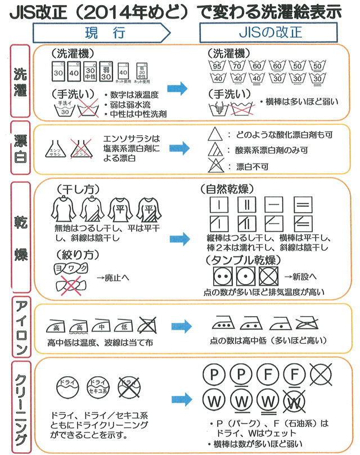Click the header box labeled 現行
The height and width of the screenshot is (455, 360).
[101, 32]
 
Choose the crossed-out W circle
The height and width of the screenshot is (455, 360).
[295, 403]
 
